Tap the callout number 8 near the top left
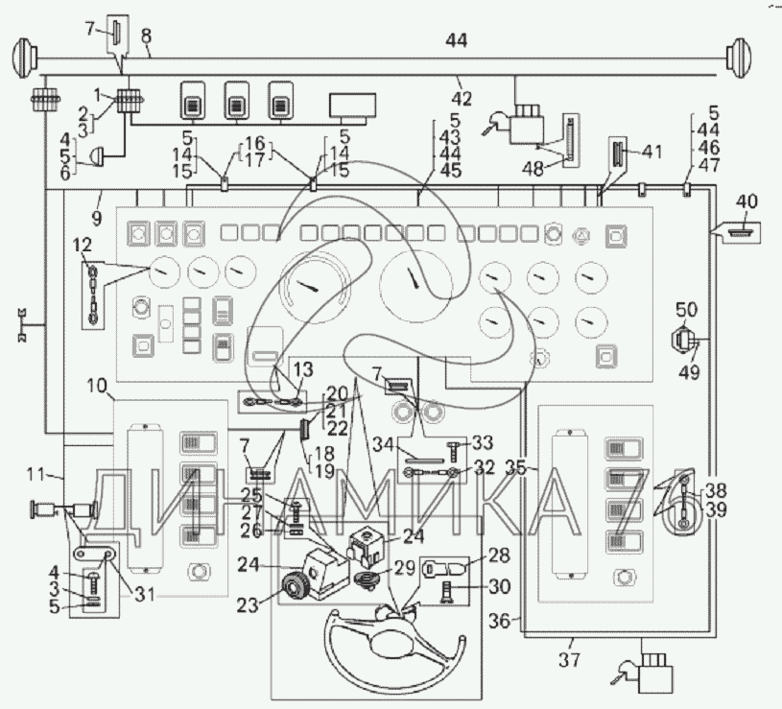(x=146, y=36)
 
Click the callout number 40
(x=746, y=202)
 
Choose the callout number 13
(x=302, y=368)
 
